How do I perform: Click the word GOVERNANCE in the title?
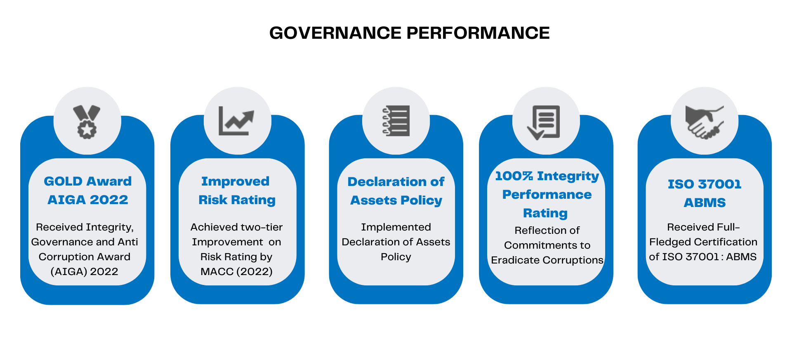click(x=335, y=33)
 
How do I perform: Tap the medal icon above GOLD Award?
click(x=87, y=122)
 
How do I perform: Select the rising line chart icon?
click(x=236, y=121)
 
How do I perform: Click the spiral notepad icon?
click(x=396, y=121)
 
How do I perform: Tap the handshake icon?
click(x=705, y=122)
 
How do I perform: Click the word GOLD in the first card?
click(x=63, y=181)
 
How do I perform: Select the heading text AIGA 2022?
click(x=88, y=200)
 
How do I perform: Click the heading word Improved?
click(x=236, y=182)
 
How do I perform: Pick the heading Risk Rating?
click(x=237, y=200)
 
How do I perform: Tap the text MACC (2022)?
click(x=236, y=272)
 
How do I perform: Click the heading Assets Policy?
click(x=396, y=201)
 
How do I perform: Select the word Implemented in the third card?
click(x=396, y=227)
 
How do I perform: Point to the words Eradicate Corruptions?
click(x=547, y=260)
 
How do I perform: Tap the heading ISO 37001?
click(x=705, y=184)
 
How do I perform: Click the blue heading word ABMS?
click(x=705, y=203)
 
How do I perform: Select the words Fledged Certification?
click(x=703, y=242)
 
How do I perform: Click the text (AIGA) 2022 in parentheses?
click(x=84, y=272)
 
